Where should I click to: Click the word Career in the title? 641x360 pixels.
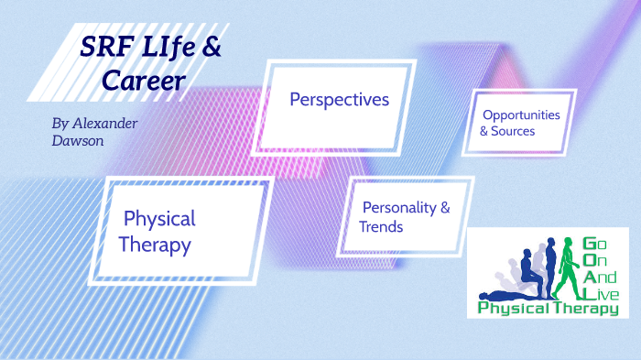[145, 82]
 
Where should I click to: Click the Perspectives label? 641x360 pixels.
[339, 99]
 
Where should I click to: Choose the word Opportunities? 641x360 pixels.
[521, 115]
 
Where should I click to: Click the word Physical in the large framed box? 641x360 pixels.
[159, 219]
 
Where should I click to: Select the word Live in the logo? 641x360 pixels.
[602, 293]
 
